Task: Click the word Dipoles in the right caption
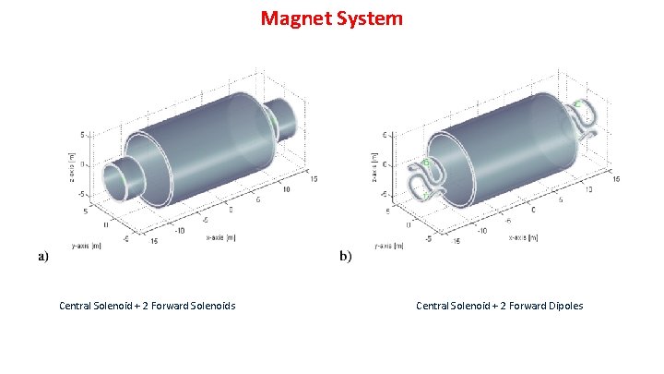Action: [x=562, y=306]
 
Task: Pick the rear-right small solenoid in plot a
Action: [x=289, y=117]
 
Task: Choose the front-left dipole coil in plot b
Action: [x=427, y=177]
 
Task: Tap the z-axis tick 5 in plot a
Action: [x=82, y=135]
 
